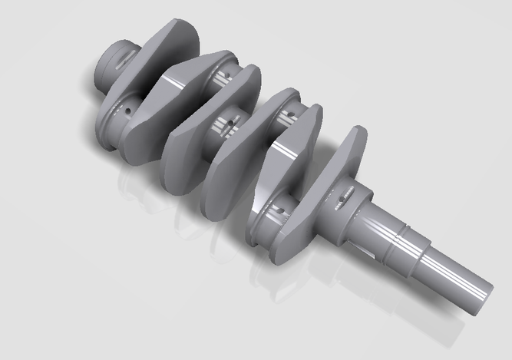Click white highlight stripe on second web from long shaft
(288, 146)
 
